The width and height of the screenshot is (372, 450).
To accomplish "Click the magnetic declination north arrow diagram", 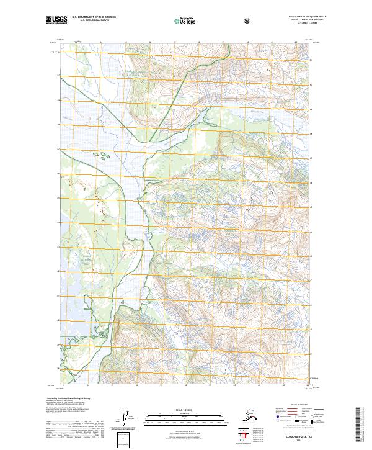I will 128,420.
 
